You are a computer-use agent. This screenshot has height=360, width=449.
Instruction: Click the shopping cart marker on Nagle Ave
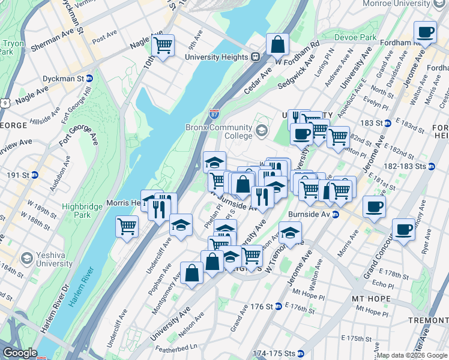[x=163, y=45]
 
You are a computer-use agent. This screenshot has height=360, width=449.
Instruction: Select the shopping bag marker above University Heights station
[x=278, y=44]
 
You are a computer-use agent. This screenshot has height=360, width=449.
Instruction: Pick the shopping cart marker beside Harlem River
[x=127, y=226]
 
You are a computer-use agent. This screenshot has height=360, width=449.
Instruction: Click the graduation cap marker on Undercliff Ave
[x=181, y=225]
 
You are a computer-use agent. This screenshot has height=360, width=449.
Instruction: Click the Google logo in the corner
[x=20, y=353]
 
